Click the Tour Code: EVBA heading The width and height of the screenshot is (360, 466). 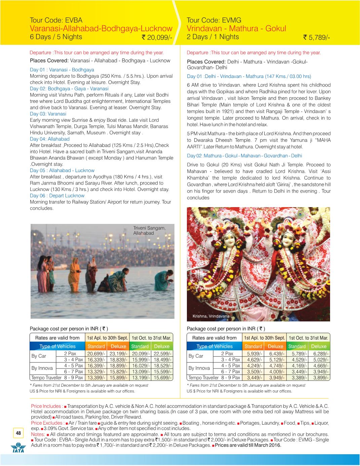tap(56, 20)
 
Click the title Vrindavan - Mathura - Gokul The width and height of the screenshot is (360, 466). tap(236, 28)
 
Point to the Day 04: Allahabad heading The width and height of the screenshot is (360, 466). tap(50, 139)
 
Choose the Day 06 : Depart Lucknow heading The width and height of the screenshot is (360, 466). tap(57, 195)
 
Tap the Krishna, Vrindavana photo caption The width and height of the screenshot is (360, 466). tap(211, 316)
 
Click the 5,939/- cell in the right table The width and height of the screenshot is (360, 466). tap(253, 353)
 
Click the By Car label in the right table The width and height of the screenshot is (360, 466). tap(196, 356)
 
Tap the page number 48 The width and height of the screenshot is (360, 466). tap(18, 433)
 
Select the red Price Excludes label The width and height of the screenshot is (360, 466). tap(47, 423)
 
